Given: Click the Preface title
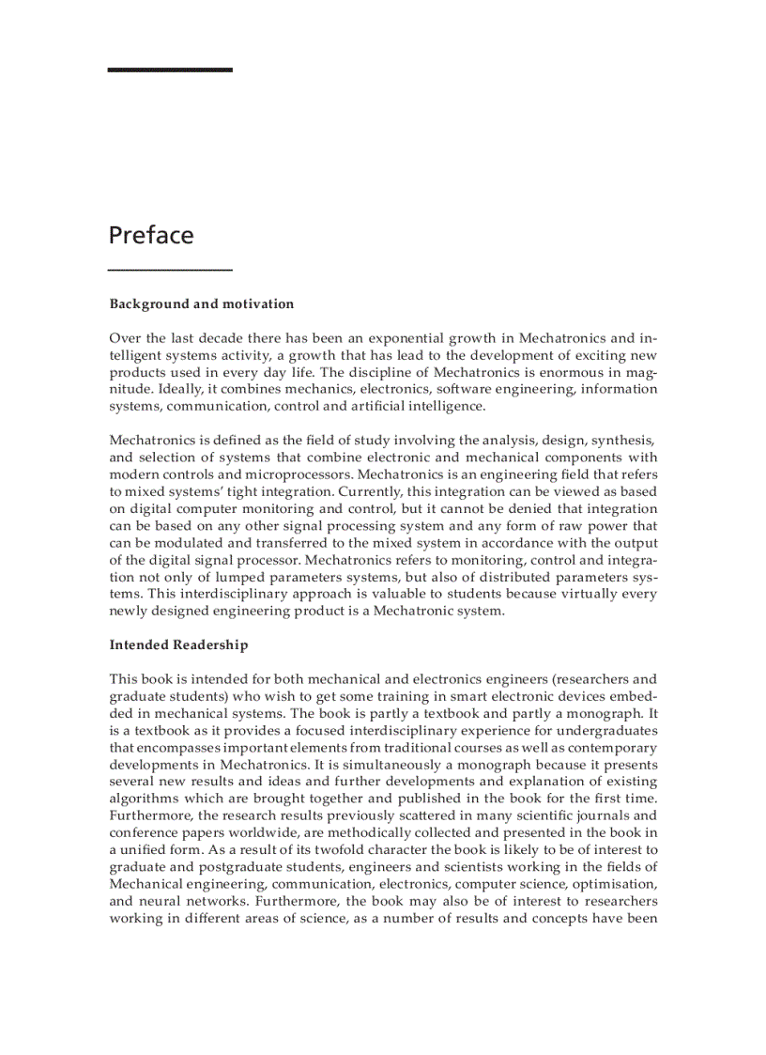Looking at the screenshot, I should coord(150,234).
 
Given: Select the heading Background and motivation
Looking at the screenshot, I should coord(201,303).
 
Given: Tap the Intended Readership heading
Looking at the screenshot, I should coord(178,644).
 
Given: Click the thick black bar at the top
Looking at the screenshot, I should coord(170,70).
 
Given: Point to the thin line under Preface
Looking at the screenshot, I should coord(170,271).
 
